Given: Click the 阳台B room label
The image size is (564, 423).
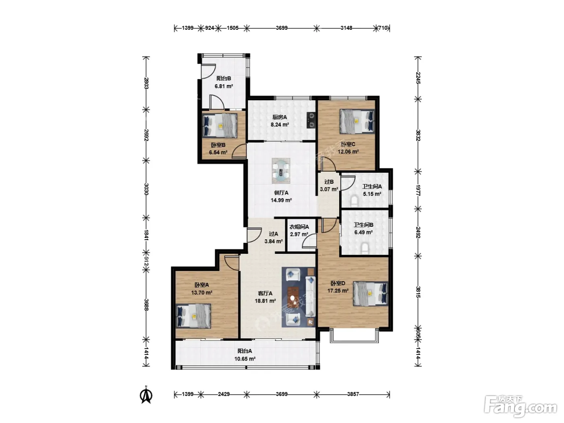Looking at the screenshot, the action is coord(223,78).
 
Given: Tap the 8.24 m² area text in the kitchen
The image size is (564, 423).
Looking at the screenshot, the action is coord(280,124).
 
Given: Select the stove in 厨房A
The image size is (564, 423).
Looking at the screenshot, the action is coord(311,120).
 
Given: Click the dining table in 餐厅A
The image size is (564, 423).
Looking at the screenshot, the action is coord(281,170).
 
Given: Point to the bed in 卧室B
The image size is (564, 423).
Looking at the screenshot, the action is coord(220,126).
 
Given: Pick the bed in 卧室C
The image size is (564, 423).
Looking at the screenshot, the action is coord(357,122).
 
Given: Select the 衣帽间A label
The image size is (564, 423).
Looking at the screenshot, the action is coord(299,227).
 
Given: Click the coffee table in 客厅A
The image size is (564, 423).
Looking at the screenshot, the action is coord(292,297).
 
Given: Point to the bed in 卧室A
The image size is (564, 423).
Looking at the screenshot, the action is coord(193,316).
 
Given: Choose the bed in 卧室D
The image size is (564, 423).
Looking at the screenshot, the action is coord(370,294).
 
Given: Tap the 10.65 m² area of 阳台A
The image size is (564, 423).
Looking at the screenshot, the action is coord(245,359).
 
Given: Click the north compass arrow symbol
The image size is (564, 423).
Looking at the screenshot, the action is coord(146,396).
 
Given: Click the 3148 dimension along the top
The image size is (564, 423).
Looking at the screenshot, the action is coord(346,28).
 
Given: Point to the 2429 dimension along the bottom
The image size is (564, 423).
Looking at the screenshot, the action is coord(224,394).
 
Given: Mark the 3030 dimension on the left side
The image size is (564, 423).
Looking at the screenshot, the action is coord(146,189).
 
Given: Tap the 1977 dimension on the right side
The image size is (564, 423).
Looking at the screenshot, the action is coord(418,190).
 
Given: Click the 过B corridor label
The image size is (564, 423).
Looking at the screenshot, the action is coord(329,182).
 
